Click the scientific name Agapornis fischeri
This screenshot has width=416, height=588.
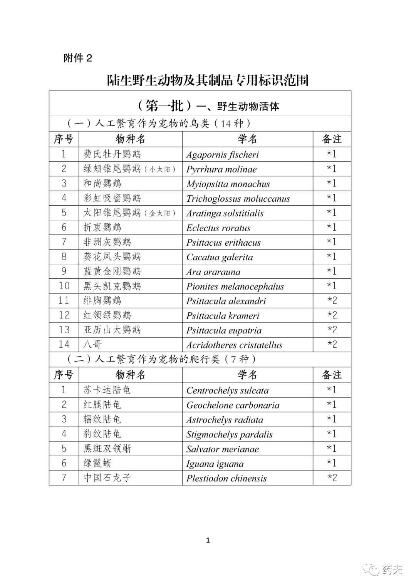[x=222, y=154]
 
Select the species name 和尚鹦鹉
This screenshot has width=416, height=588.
[x=102, y=183]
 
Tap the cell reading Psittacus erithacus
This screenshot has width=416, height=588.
[x=223, y=242]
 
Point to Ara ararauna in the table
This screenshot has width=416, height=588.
[x=213, y=271]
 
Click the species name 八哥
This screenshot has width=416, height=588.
[x=93, y=344]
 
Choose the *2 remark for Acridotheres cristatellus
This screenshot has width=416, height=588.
[x=332, y=344]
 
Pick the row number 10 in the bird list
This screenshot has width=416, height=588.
[x=64, y=286]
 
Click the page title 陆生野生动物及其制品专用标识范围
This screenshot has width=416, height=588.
[x=208, y=80]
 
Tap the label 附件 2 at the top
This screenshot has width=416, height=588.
[x=78, y=58]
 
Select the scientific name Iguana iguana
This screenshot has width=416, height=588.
[x=215, y=464]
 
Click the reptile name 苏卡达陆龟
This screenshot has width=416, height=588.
[x=107, y=390]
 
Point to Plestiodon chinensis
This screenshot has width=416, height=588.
[x=226, y=478]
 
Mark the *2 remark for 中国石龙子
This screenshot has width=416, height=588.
[x=332, y=478]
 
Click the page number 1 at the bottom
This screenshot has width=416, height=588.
[x=208, y=540]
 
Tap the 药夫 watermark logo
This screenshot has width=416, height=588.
[x=385, y=569]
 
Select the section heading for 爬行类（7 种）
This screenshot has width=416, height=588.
[x=162, y=359]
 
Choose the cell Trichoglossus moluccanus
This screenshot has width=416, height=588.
[x=238, y=199]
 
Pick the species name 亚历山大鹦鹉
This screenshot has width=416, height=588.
[x=112, y=330]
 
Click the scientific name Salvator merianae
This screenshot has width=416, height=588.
[x=223, y=449]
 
